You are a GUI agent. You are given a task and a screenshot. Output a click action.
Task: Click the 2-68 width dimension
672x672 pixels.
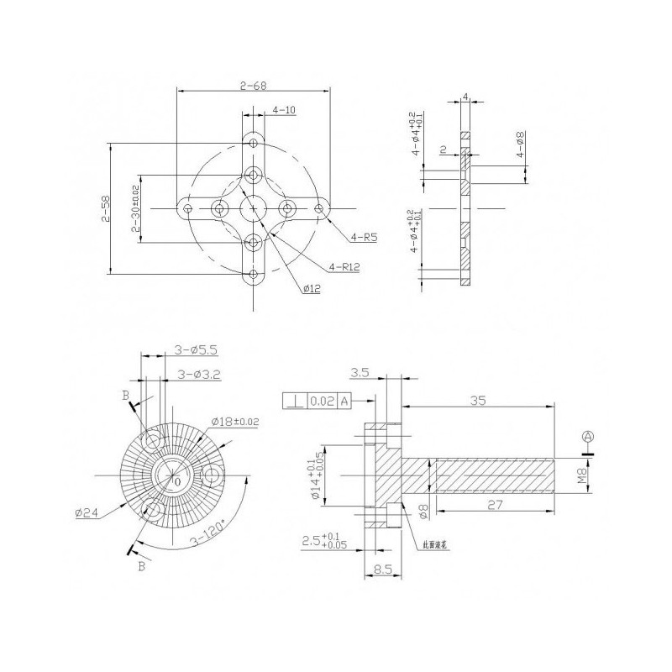pos(253,86)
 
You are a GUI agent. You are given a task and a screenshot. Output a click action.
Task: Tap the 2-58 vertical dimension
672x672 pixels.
pos(105,208)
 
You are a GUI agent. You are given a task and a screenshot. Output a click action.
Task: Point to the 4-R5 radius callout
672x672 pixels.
pos(365,239)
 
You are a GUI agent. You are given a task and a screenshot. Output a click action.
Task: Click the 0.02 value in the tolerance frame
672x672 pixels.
pos(323,402)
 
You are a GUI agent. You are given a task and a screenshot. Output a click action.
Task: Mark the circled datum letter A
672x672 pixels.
pos(588,436)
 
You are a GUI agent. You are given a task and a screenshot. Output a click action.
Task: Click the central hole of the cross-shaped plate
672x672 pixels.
pos(253,207)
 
